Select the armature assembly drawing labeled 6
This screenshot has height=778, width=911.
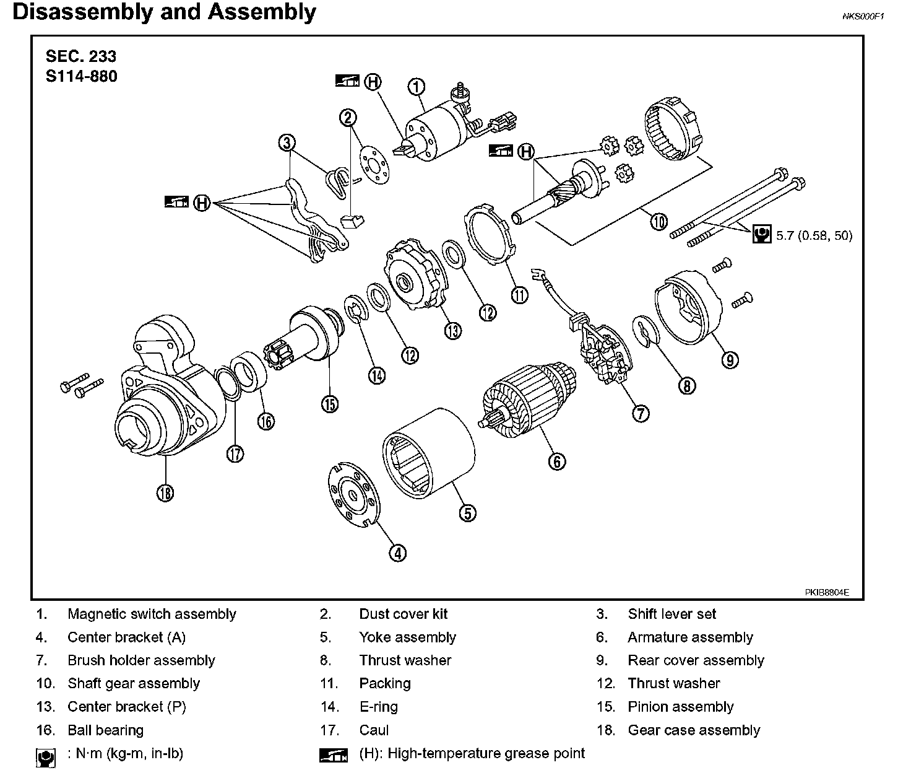point(526,396)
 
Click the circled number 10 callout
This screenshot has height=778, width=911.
point(659,221)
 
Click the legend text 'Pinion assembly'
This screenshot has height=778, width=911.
point(680,707)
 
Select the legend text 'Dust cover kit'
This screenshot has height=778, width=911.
point(403,614)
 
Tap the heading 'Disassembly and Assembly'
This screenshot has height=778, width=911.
point(164,12)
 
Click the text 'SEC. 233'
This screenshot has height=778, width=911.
point(81,56)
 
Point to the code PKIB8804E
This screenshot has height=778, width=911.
point(827,592)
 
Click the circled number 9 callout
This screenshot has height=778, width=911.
point(730,359)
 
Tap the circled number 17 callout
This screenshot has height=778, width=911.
point(235,453)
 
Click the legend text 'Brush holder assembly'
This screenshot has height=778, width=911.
point(141,660)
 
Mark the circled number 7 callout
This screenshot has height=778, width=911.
point(641,413)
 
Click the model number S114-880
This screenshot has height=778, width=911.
point(81,76)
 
